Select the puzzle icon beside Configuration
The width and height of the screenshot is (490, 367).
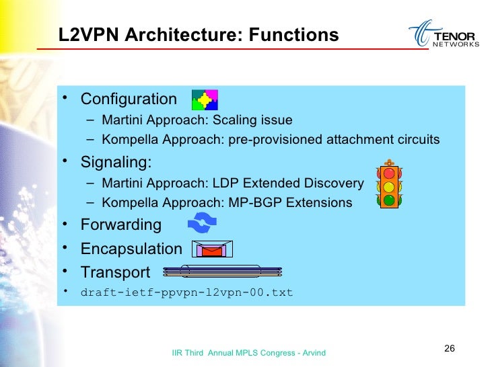point(205,99)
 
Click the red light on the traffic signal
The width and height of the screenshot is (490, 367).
point(388,172)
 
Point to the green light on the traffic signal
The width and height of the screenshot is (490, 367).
point(388,200)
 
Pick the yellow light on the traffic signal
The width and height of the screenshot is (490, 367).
point(388,186)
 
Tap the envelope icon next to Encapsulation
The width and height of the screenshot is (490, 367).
point(212,249)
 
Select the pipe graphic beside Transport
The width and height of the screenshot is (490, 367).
point(223,272)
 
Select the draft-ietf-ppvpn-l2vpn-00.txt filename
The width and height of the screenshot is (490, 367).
point(186,293)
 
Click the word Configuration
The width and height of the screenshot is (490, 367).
point(129,99)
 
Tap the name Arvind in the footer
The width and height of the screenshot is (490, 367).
point(314,352)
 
